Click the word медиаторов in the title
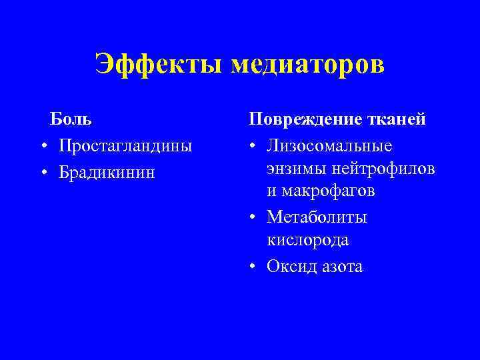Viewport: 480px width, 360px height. coord(308,65)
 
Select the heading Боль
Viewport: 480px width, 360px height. coord(71,120)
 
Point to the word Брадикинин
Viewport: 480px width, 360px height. coord(107,171)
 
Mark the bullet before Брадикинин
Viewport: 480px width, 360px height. coord(43,173)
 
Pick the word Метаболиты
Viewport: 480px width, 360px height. coord(317,217)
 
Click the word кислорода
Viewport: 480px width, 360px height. coord(308,240)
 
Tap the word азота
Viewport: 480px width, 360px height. coord(343,267)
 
